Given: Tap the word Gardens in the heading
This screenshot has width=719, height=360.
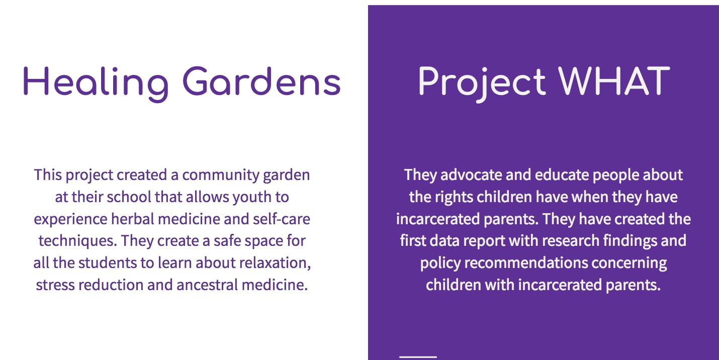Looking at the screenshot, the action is (261, 81).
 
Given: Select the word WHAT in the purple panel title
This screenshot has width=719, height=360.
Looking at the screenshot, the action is (614, 81).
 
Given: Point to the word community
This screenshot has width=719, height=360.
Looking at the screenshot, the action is (221, 175).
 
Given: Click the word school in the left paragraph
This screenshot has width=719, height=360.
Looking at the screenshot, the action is (129, 197).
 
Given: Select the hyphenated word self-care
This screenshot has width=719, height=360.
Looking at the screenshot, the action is (282, 219).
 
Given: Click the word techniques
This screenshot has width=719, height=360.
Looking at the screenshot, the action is (77, 241).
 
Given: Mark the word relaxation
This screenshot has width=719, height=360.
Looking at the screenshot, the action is (275, 263).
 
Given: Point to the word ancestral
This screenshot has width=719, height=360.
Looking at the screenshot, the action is (207, 285).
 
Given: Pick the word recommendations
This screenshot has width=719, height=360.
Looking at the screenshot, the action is (526, 263).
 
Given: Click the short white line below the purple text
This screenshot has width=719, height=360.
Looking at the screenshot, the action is (418, 357).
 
